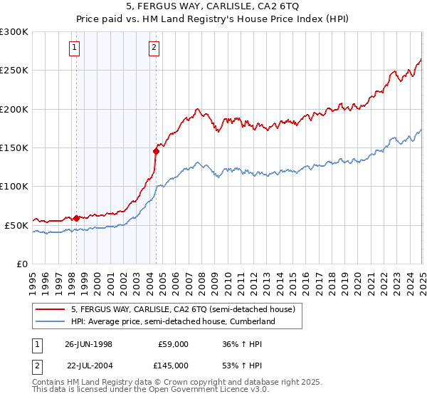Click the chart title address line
click(213, 7)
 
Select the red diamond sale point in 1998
click(77, 218)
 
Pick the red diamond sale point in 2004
click(156, 151)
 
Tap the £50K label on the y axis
click(16, 225)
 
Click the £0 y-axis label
click(22, 264)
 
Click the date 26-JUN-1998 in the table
click(88, 343)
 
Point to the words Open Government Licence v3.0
click(211, 390)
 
